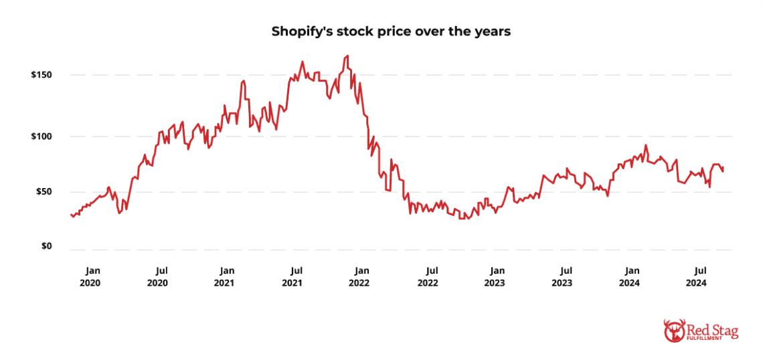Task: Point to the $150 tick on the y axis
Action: tap(41, 75)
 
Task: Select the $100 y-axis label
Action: tap(41, 137)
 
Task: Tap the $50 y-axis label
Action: tap(44, 192)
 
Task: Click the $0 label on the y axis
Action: tap(46, 247)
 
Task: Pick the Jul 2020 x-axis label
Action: tap(157, 276)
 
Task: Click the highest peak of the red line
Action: tap(347, 56)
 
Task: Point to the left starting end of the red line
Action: tap(70, 214)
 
